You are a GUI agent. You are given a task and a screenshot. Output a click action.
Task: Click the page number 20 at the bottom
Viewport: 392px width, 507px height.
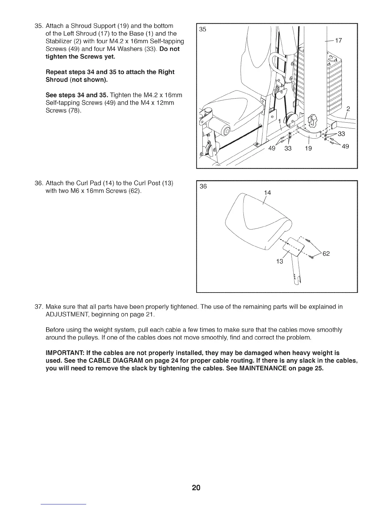coord(196,488)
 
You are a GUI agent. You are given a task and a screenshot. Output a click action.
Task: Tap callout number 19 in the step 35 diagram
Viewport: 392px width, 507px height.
coord(308,148)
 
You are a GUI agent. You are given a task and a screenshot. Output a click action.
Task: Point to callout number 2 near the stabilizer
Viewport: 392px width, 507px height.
coord(349,109)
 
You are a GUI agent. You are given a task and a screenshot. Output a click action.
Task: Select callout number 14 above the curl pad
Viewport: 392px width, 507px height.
coord(267,193)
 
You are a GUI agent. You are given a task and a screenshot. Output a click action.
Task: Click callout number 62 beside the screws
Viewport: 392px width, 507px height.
coord(326,254)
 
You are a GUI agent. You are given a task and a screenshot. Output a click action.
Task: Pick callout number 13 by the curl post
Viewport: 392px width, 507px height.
coord(280,262)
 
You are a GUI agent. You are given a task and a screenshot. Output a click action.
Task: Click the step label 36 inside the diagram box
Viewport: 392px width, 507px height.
coord(203,187)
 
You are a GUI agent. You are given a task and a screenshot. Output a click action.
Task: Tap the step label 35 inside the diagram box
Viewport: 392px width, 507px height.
coord(203,29)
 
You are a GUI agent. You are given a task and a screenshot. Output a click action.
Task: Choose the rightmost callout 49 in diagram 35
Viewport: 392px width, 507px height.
coord(345,147)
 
